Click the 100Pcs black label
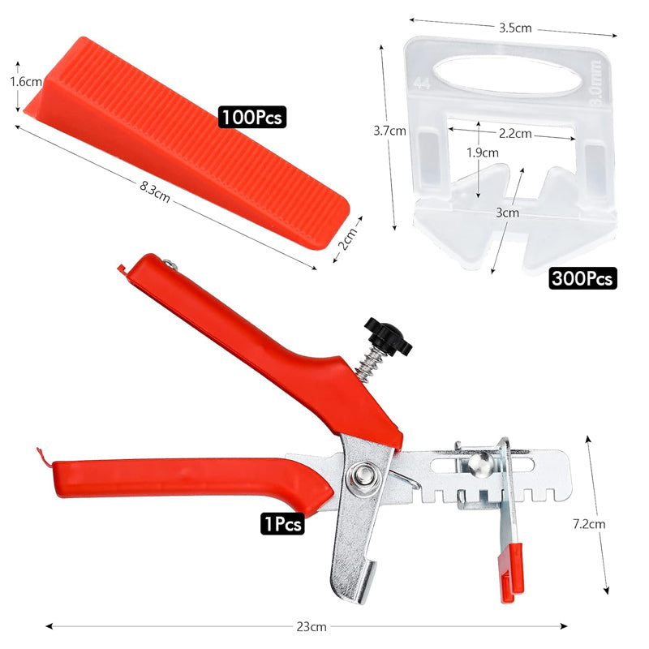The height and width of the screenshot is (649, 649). (252, 117)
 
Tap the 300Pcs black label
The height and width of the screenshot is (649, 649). (582, 277)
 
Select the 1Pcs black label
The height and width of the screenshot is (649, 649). (282, 523)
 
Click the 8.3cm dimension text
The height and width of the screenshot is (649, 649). (154, 191)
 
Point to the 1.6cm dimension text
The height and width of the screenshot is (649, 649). (26, 82)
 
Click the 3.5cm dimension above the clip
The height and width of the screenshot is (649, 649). (515, 28)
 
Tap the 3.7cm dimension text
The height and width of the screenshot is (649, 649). (389, 131)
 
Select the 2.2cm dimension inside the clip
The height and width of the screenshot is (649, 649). (515, 133)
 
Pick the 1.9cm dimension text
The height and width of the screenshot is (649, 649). (483, 153)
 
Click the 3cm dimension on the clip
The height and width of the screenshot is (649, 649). (508, 213)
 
